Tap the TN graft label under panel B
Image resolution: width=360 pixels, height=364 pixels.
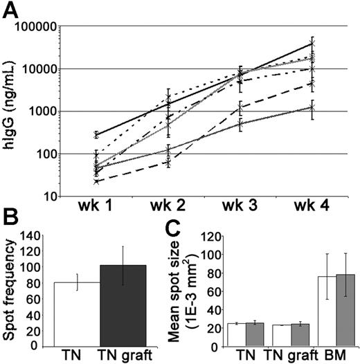[x=123, y=354]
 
